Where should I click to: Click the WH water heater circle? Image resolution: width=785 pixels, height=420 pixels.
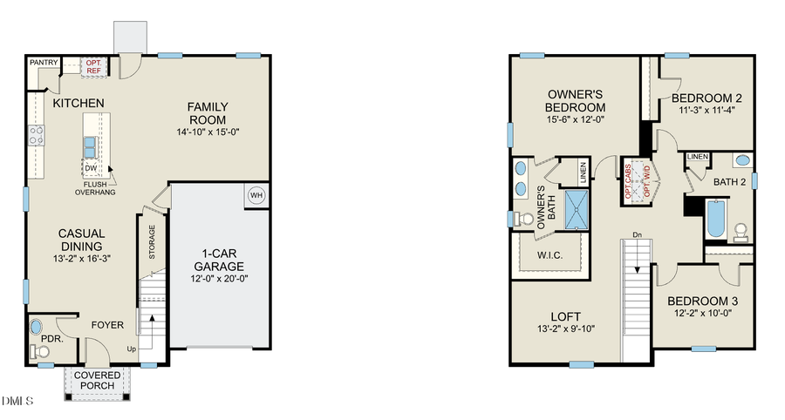256,195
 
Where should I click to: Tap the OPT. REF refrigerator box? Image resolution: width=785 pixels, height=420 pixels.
93,66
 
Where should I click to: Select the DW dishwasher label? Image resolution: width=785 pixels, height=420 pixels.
92,168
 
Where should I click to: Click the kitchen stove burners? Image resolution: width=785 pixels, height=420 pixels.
37,135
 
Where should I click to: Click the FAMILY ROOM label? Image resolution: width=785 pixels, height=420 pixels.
208,113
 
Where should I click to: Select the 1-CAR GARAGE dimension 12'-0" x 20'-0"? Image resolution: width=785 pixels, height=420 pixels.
219,279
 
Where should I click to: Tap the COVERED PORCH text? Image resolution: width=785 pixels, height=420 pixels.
97,381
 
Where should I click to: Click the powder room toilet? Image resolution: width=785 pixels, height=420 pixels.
39,351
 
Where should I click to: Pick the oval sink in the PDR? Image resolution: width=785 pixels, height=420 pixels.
37,328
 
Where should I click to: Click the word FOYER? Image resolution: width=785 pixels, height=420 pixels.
106,326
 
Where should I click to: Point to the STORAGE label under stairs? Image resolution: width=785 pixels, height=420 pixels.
151,243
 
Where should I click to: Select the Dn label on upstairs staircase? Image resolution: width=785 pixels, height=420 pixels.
638,234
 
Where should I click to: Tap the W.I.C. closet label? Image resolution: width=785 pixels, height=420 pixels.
549,255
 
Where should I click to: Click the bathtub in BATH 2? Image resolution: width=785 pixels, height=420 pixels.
715,218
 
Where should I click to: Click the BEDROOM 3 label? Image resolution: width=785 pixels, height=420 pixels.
703,301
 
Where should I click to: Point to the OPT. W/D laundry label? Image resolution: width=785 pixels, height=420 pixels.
647,181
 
